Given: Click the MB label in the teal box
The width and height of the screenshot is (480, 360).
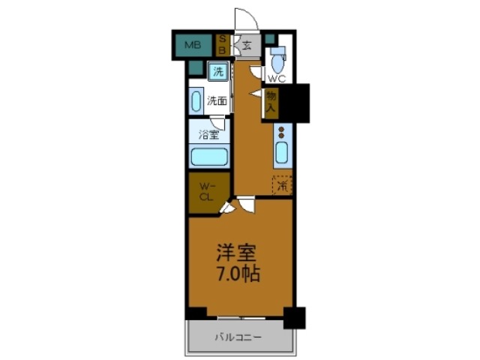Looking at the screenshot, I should click(x=193, y=44).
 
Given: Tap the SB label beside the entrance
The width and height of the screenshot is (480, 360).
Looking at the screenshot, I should click(x=223, y=44).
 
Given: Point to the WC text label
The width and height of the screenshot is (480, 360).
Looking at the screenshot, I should click(x=277, y=78).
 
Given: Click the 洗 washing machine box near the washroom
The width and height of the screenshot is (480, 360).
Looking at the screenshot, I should click(x=217, y=72).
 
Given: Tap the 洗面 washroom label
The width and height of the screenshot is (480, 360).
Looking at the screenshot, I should click(x=217, y=100).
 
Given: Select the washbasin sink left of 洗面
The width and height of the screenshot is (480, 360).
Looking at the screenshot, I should click(x=196, y=100).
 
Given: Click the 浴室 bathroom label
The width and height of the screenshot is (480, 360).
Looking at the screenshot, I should click(x=208, y=135).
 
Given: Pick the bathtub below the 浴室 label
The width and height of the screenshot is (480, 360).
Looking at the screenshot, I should click(x=208, y=157).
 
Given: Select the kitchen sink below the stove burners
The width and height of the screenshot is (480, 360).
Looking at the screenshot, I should click(x=281, y=153).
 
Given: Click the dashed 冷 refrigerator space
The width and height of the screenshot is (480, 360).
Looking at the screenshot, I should click(x=282, y=184).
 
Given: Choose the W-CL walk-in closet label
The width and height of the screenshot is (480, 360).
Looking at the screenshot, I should click(x=208, y=192).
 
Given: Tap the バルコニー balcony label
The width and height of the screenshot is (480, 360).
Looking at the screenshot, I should click(x=240, y=337).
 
